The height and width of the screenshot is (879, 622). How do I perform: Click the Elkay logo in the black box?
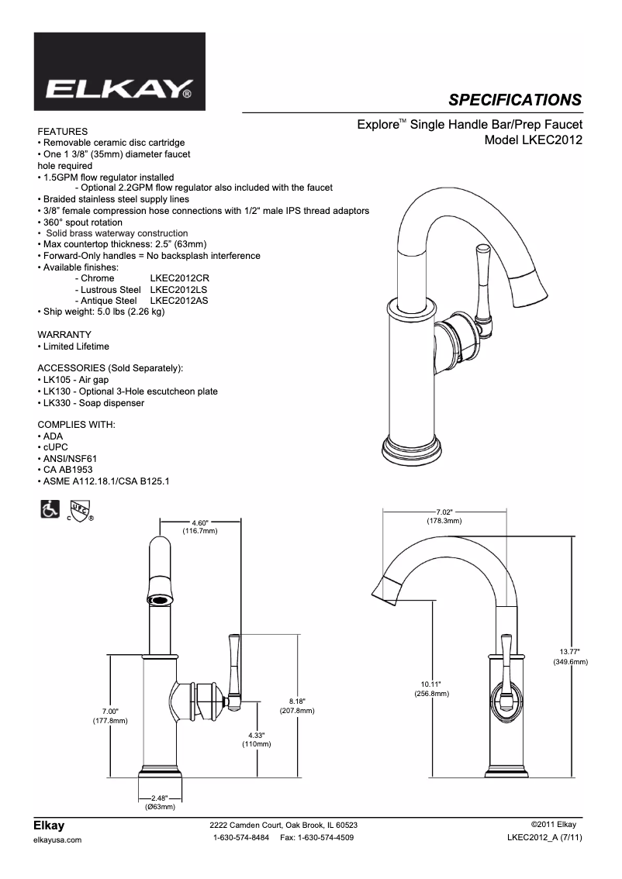pos(119,91)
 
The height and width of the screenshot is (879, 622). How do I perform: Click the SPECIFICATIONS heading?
pos(515,99)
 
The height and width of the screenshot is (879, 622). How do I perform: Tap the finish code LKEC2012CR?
pos(180,277)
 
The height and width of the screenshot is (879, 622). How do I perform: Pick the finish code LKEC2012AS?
pos(179,300)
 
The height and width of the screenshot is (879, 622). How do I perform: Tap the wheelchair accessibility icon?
pos(48,510)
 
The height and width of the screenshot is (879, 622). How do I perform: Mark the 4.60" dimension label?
pos(199,522)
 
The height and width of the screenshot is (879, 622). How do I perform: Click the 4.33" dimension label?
pos(256,735)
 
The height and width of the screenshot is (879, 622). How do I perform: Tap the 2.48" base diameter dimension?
pos(159,798)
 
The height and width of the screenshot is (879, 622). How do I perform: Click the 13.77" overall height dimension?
pos(570,652)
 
